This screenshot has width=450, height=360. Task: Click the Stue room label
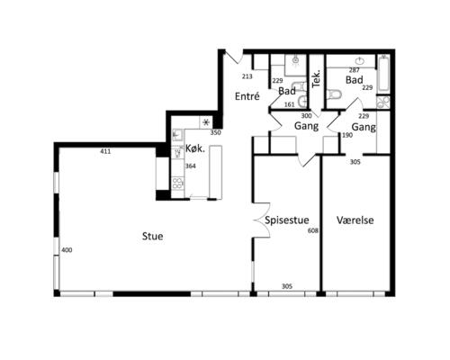(152, 236)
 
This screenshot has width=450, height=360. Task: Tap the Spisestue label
(287, 220)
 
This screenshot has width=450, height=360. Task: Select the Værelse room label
(355, 220)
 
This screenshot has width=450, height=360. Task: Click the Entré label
(247, 96)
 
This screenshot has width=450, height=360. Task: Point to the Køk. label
(195, 148)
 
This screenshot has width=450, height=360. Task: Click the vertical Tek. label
(317, 79)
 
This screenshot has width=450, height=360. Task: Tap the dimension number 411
(105, 152)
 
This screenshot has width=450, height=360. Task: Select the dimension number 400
(67, 250)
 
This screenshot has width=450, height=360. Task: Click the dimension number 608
(313, 230)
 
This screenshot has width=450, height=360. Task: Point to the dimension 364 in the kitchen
(191, 166)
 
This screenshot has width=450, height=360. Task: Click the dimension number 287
(355, 70)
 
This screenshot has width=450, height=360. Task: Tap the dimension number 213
(247, 76)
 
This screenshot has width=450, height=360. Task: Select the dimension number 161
(289, 104)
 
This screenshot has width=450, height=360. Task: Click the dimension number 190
(347, 135)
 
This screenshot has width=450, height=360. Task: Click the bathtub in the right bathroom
(383, 74)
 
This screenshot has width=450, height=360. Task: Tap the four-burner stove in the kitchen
(177, 184)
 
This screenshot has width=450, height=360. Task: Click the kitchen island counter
(216, 172)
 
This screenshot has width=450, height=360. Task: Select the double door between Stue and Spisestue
(262, 220)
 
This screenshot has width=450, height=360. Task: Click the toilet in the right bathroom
(335, 94)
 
